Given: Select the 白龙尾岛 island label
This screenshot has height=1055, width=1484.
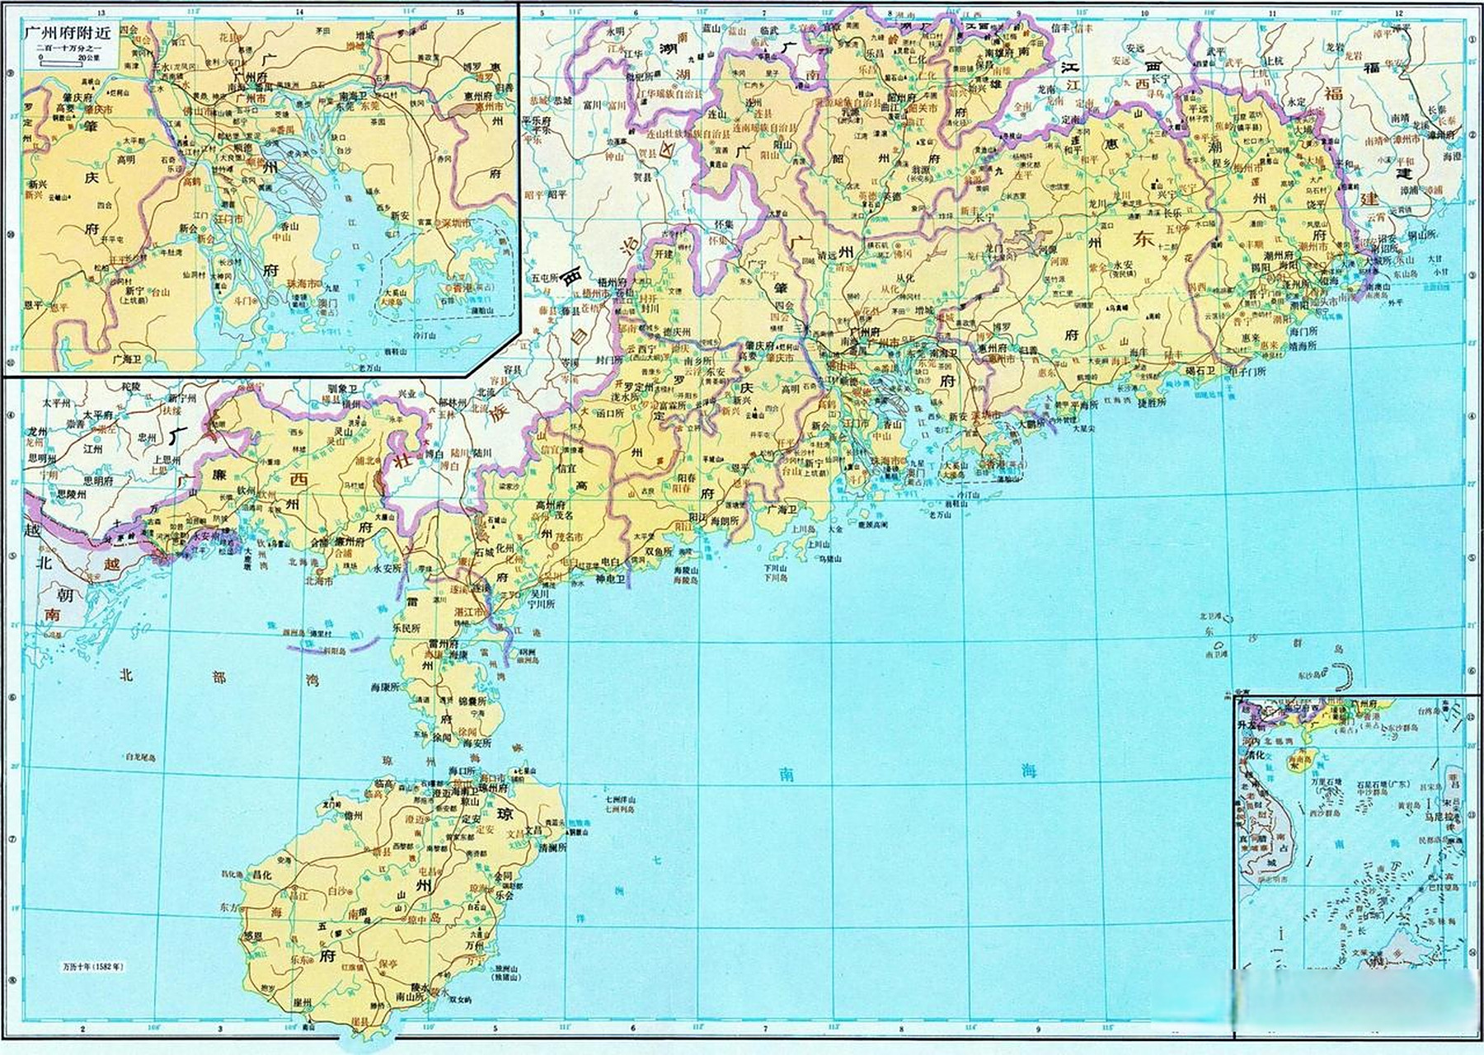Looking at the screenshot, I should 140,756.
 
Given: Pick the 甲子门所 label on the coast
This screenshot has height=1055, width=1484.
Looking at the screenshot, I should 1247,371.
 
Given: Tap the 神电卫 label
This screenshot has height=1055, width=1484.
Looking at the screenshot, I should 611,579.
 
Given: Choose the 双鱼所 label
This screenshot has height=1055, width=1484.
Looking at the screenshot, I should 659,551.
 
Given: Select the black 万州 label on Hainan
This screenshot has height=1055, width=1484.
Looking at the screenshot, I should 474,947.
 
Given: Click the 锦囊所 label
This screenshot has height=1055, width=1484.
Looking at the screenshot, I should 473,701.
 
